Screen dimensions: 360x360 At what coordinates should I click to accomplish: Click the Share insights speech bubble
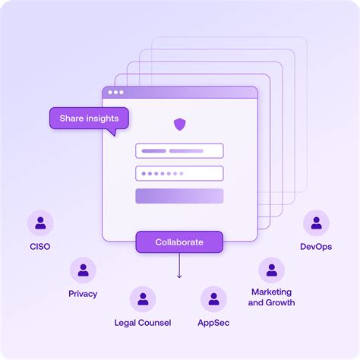(89, 118)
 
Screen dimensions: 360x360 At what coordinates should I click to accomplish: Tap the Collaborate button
(179, 242)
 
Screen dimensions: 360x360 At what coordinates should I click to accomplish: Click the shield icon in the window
(179, 124)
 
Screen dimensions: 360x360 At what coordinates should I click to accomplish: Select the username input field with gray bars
(179, 150)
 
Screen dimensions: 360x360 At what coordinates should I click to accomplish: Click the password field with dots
(179, 173)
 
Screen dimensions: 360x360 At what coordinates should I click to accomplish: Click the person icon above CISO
(40, 223)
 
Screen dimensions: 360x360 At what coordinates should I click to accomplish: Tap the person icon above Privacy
(83, 270)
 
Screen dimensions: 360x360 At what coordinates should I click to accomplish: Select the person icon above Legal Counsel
(142, 299)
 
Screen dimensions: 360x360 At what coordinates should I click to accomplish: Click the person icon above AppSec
(213, 299)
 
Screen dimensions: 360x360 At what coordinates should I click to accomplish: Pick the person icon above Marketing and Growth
(271, 270)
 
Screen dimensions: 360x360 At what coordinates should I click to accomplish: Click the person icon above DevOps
(316, 223)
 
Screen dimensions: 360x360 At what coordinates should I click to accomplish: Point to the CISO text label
(40, 247)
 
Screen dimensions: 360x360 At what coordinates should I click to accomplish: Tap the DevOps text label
(316, 247)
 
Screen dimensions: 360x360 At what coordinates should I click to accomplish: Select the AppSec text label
(214, 323)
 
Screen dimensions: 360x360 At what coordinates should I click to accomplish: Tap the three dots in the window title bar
(115, 93)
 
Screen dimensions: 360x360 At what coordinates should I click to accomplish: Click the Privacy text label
(83, 294)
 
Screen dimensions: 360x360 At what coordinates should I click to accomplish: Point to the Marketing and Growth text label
(271, 298)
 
